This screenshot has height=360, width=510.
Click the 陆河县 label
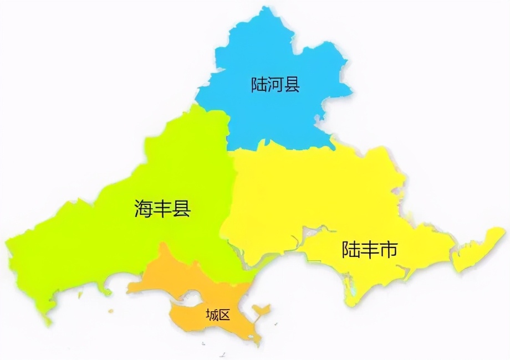click(x=275, y=85)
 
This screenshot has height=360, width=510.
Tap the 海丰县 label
click(x=162, y=208)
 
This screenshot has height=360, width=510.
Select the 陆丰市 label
click(x=369, y=250)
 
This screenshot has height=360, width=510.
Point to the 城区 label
click(x=217, y=315)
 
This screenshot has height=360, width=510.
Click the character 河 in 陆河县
click(x=275, y=85)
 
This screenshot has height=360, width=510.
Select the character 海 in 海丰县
click(x=144, y=208)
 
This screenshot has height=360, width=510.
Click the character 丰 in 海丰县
click(x=162, y=208)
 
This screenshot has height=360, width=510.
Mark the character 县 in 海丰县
click(x=181, y=208)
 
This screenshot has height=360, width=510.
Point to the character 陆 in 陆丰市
click(x=350, y=250)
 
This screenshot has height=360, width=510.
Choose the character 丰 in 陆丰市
click(x=369, y=250)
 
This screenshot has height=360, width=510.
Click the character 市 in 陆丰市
click(x=388, y=250)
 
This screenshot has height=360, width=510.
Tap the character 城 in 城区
click(x=211, y=315)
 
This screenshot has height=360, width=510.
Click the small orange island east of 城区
click(x=261, y=308)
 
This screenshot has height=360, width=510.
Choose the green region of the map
click(x=111, y=233)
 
